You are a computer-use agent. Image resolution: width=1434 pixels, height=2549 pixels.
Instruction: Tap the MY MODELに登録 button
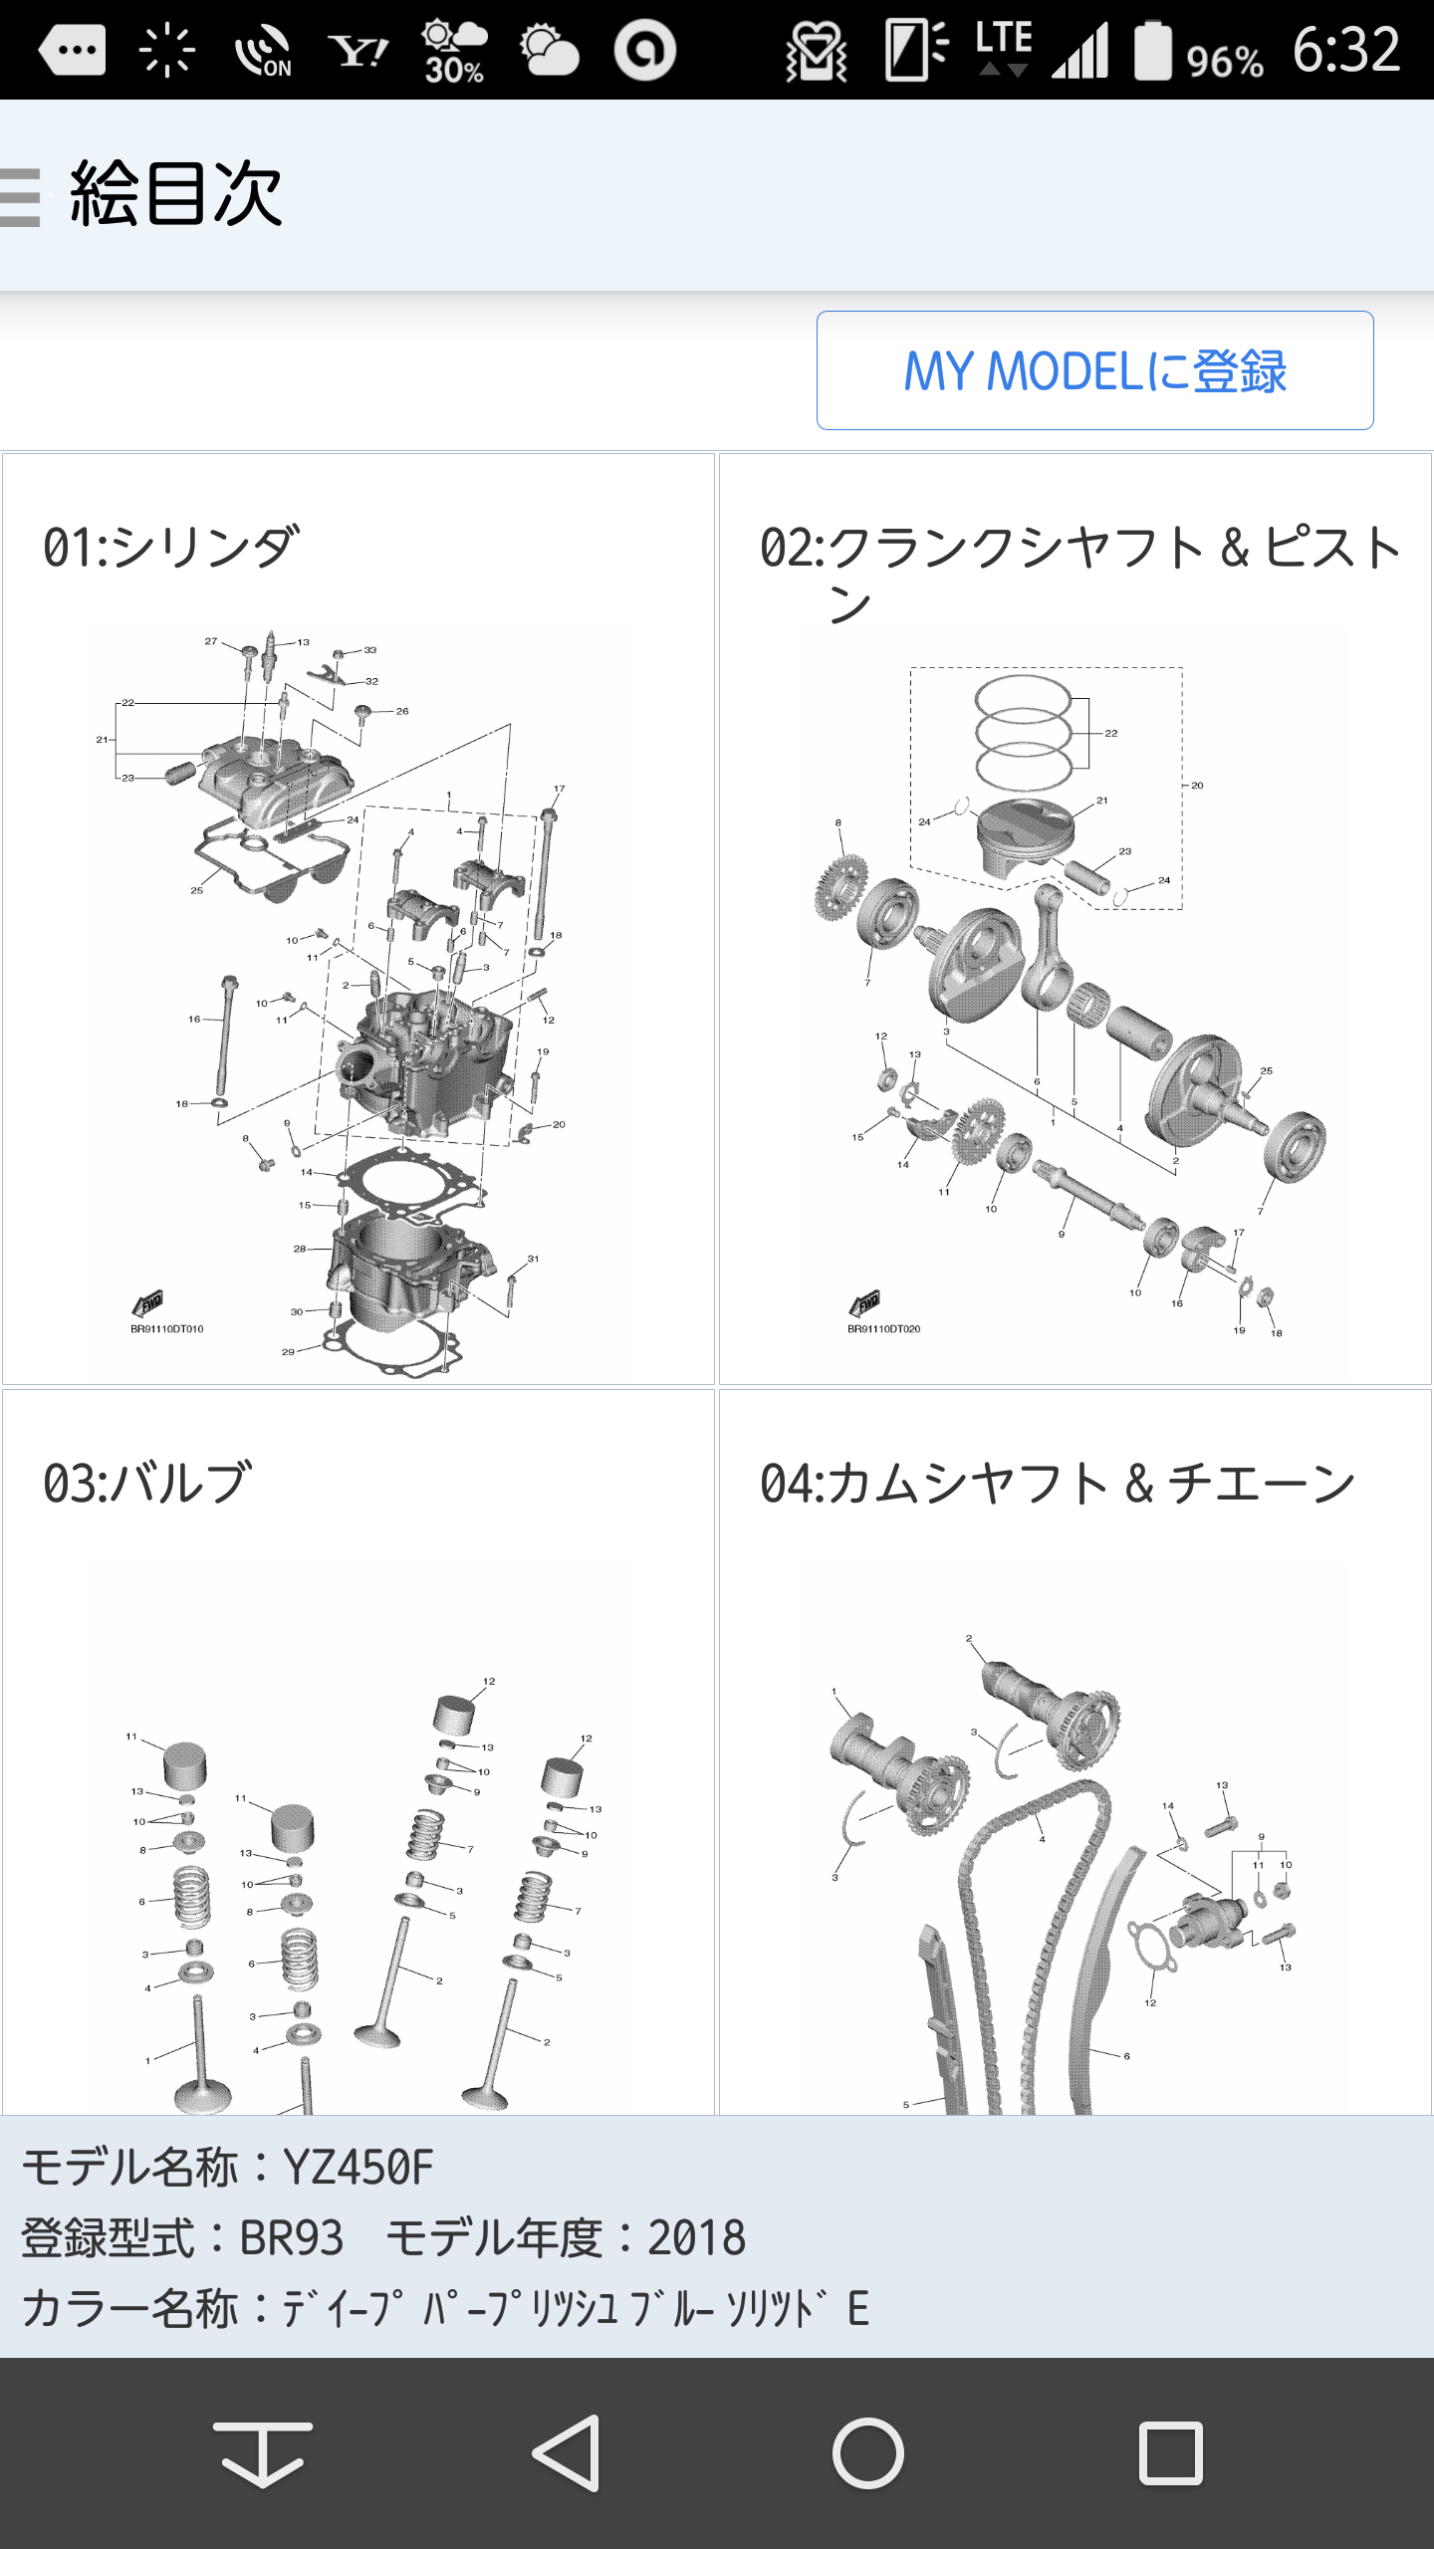tap(1094, 370)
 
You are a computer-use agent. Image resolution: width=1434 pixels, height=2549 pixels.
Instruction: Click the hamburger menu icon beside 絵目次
tap(20, 197)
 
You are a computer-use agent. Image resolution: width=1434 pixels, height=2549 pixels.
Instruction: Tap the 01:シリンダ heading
tap(170, 547)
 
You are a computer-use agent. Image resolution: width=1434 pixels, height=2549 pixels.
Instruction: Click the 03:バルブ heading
tap(146, 1483)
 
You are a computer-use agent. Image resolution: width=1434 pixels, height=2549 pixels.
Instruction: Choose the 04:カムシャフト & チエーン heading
tap(1058, 1483)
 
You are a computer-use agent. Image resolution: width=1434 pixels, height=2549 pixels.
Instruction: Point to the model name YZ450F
tap(358, 2168)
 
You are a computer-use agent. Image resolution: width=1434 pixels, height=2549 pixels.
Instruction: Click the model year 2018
tap(696, 2238)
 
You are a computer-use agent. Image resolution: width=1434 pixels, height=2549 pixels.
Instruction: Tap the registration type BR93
tap(292, 2238)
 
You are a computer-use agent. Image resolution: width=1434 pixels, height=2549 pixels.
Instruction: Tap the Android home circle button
tap(868, 2453)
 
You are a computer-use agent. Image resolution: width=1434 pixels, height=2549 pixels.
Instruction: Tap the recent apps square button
tap(1171, 2453)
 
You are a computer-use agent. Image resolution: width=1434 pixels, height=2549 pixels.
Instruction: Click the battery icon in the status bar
tap(1153, 50)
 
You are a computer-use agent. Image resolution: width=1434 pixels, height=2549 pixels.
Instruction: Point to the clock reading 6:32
tap(1346, 50)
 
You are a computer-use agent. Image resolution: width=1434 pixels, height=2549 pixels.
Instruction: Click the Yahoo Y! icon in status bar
tap(358, 50)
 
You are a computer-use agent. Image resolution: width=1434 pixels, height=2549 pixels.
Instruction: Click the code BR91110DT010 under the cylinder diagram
tap(167, 1329)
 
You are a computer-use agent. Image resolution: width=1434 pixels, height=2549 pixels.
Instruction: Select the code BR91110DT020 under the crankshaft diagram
tap(884, 1329)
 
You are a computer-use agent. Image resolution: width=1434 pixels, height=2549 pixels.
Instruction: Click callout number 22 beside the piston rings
tap(1111, 733)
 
